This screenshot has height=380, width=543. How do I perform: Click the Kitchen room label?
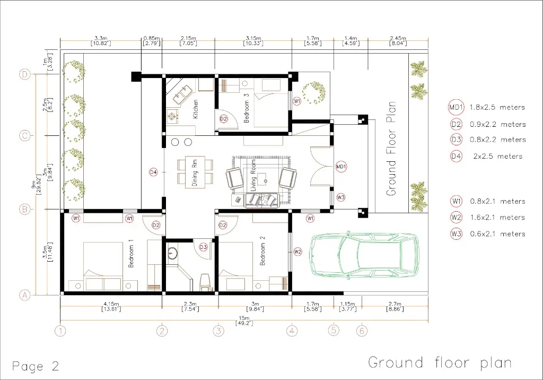196,109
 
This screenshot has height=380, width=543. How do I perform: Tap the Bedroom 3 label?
247,108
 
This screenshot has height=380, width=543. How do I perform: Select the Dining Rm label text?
195,173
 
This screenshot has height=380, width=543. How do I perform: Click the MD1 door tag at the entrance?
341,167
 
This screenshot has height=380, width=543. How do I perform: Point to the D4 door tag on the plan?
153,172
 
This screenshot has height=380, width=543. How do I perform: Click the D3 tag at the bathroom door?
203,247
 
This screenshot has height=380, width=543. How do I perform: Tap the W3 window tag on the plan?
341,197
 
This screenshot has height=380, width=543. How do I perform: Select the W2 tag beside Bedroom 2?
298,252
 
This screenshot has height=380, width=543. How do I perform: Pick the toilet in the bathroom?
205,282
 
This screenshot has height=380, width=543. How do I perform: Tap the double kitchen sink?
182,94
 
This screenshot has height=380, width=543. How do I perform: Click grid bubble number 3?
218,331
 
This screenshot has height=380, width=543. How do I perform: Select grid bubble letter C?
24,135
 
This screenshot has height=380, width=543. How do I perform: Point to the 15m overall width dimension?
244,321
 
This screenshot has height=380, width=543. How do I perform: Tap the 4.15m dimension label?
111,306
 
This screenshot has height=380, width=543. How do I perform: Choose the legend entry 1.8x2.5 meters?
497,108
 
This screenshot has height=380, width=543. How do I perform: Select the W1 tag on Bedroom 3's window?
297,101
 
